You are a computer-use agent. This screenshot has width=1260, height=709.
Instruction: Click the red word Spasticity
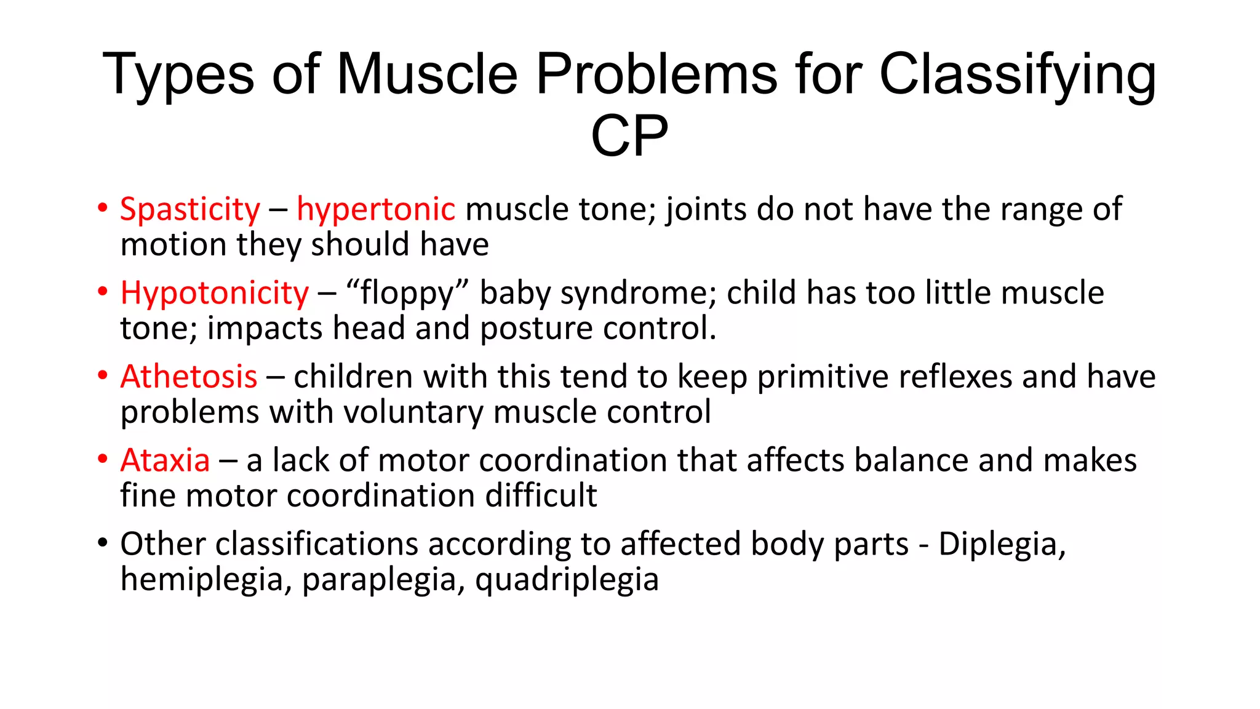click(x=190, y=210)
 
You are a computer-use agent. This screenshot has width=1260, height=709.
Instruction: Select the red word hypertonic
click(x=375, y=210)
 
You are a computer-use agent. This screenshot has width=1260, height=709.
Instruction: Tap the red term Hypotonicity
click(x=214, y=294)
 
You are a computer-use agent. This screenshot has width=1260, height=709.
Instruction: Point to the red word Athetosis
click(x=189, y=377)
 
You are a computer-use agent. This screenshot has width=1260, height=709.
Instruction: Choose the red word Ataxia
click(x=165, y=460)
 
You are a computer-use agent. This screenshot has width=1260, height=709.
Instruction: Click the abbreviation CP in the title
click(x=629, y=136)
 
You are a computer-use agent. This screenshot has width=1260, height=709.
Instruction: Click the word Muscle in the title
click(x=427, y=74)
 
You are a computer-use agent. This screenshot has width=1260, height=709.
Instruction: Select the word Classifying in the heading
click(x=1018, y=74)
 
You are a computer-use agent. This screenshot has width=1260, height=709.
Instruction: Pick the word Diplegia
click(x=1001, y=544)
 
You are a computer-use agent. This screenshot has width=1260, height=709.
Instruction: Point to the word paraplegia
click(x=383, y=580)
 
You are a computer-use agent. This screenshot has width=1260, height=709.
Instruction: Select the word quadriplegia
click(x=567, y=580)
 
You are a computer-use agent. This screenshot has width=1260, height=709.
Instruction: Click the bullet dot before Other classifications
click(x=102, y=543)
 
